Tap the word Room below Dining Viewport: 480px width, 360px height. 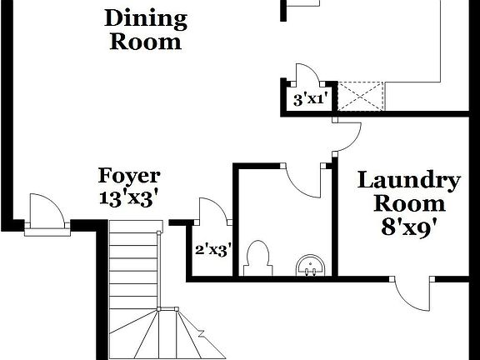[x=145, y=41]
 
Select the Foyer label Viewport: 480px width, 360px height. [x=129, y=176]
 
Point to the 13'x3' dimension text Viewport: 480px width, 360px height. [x=129, y=198]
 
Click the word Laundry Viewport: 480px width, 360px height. [x=408, y=180]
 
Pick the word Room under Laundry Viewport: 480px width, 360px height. [x=408, y=202]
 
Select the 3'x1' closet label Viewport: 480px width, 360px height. [x=310, y=100]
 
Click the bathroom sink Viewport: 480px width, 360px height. [x=311, y=266]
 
